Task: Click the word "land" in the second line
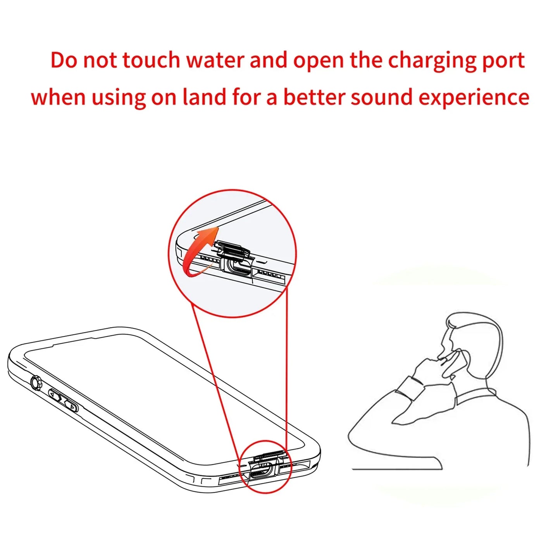click(204, 97)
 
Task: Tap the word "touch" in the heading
click(151, 61)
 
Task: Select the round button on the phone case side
click(36, 383)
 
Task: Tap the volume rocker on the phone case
click(63, 401)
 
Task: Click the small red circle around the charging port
click(265, 467)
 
